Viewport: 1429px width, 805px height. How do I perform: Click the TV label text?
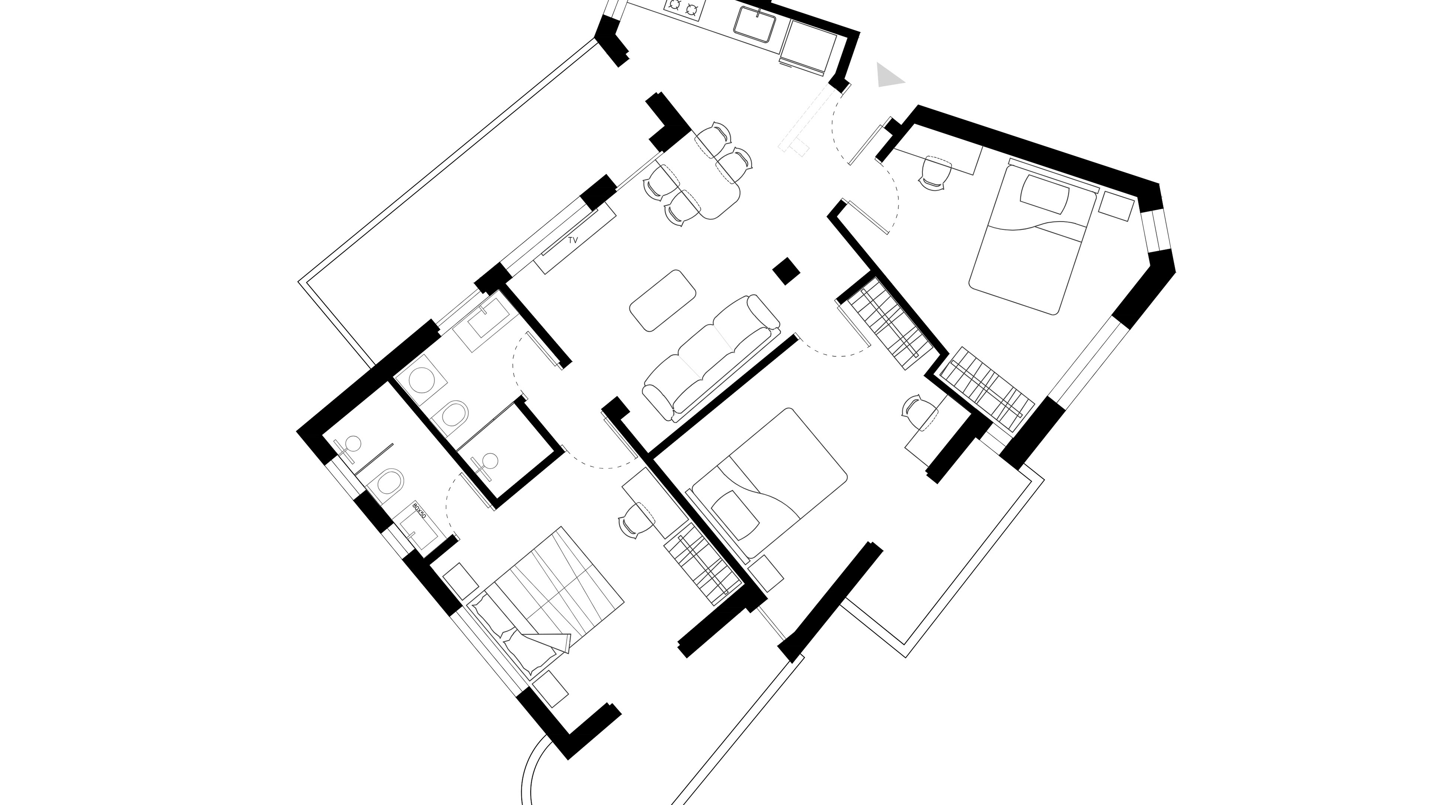point(573,241)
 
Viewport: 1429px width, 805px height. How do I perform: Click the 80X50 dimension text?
point(421,511)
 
